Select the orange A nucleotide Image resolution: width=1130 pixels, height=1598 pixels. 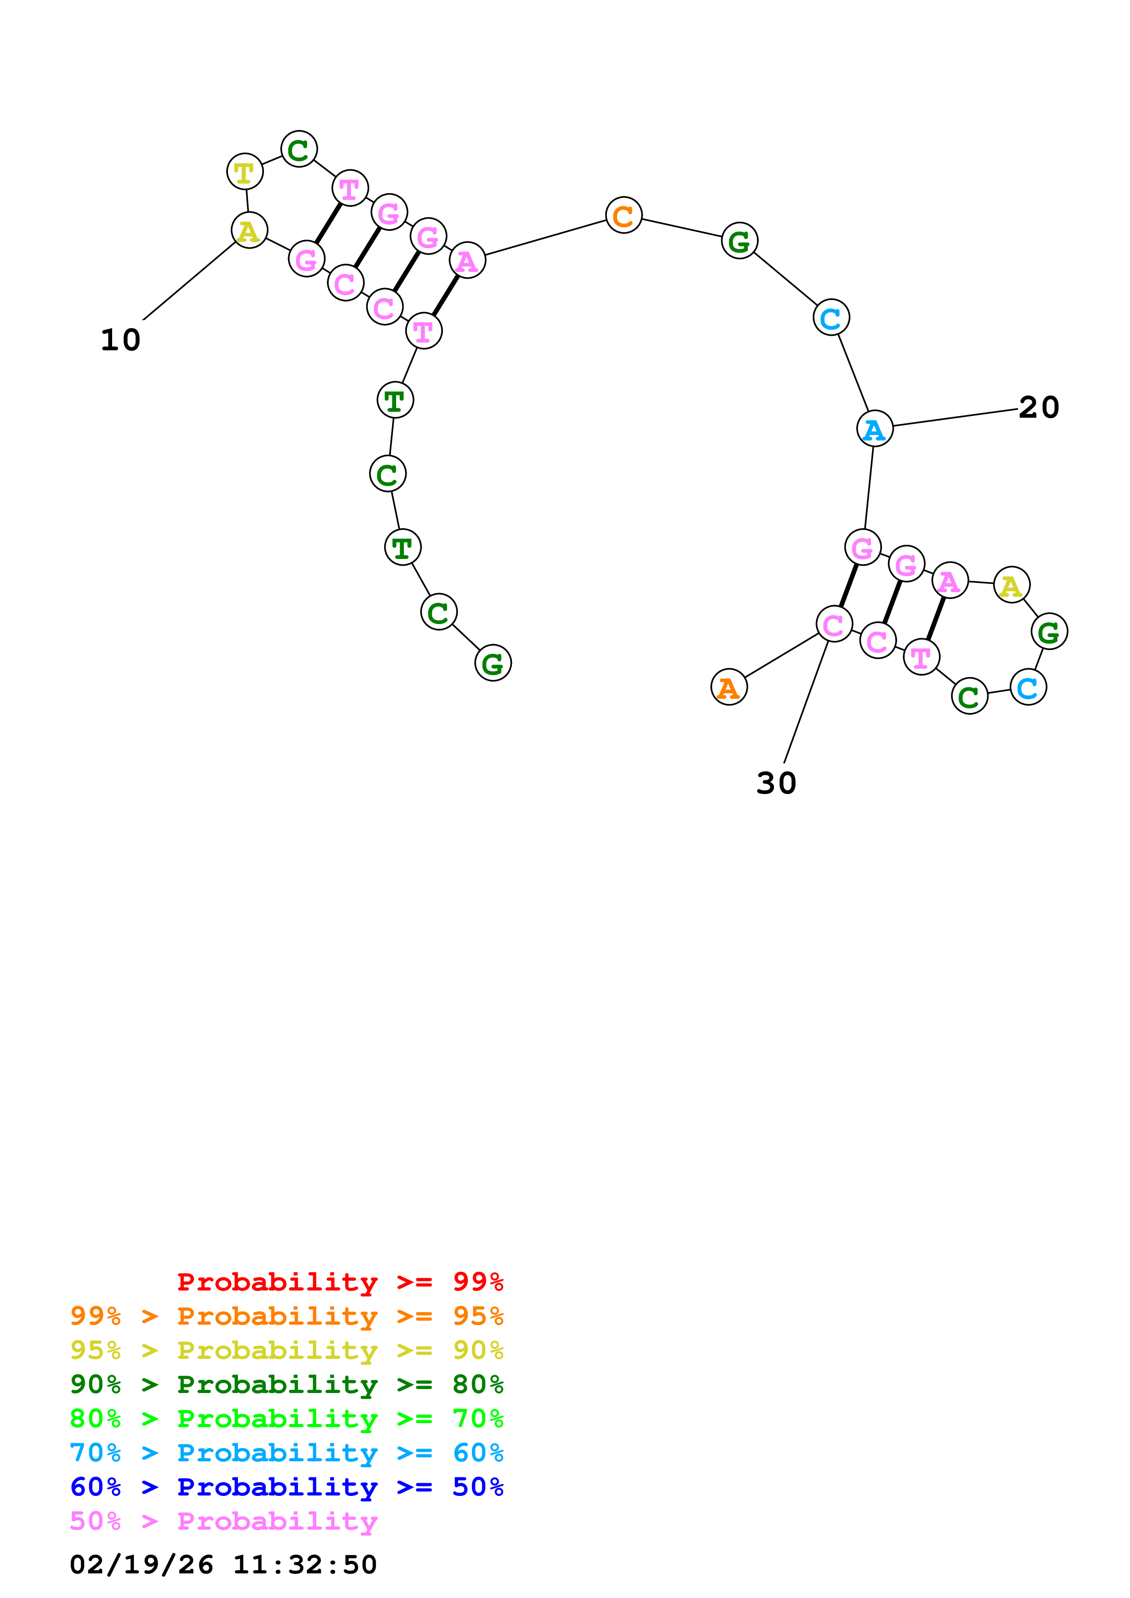pos(728,688)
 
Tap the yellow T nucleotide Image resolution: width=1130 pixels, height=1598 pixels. pos(244,172)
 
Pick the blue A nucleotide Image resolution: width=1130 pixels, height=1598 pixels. pos(874,429)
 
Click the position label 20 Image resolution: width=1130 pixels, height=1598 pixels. pos(1039,408)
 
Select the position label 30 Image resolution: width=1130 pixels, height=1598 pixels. pos(776,784)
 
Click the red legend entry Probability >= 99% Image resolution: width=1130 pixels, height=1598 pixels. pos(340,1282)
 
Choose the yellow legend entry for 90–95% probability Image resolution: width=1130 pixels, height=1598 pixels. pos(286,1350)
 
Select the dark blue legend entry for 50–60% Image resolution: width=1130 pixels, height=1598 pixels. pos(286,1487)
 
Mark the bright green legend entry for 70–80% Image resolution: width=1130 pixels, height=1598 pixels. pos(286,1419)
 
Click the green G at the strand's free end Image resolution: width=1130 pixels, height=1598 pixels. pos(493,663)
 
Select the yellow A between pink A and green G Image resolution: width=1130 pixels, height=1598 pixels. pos(1011,584)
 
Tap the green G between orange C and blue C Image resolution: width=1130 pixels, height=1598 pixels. pos(739,241)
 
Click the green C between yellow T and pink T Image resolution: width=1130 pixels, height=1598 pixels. pos(299,149)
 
